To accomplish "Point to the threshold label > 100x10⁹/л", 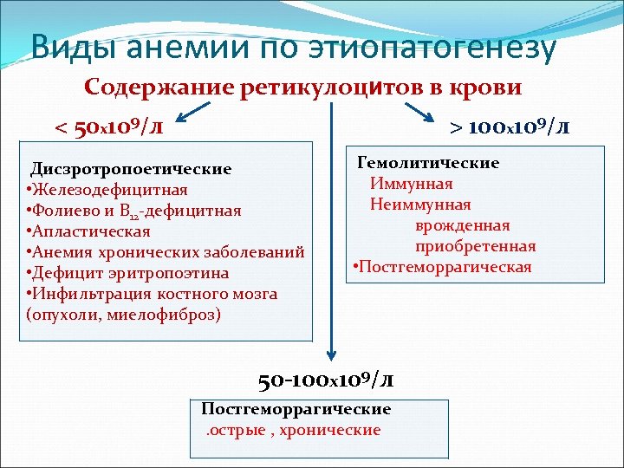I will tap(510, 127).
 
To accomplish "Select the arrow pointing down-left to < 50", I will tap(198, 112).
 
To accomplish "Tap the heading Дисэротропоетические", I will tap(131, 169).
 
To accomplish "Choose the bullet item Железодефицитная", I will tap(110, 190).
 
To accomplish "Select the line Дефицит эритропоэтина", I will tap(131, 273).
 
